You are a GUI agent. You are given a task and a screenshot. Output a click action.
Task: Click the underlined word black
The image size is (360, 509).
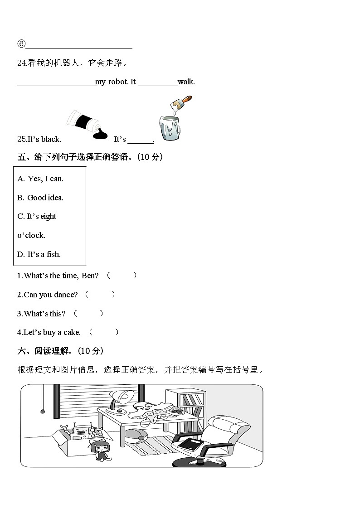click(50, 140)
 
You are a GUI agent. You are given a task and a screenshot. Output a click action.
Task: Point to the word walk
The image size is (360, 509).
click(186, 82)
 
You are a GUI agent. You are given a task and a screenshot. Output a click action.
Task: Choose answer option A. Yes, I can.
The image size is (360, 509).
click(40, 179)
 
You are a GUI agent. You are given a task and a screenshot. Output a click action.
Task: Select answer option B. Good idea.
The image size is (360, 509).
click(40, 198)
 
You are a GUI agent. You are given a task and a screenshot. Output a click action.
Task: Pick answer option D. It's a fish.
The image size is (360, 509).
click(39, 254)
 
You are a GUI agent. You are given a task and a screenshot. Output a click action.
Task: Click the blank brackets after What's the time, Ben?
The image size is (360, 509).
click(122, 276)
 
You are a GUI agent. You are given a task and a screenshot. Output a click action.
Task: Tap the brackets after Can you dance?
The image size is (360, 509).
click(100, 295)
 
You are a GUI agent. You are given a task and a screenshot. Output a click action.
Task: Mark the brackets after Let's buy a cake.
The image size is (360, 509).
click(104, 332)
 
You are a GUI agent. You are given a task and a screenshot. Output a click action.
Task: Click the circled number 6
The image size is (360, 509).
click(21, 44)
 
